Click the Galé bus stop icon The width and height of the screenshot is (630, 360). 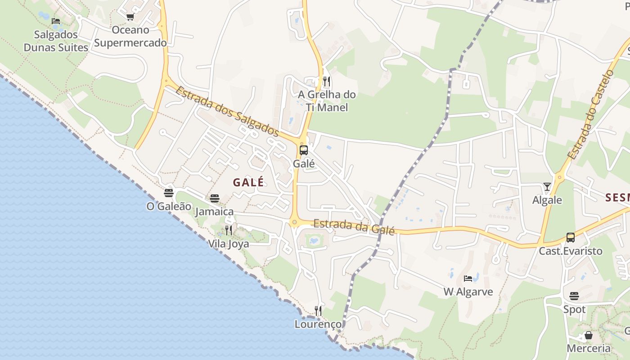304,150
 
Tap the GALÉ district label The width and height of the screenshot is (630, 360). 248,182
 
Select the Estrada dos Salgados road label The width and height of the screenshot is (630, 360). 227,111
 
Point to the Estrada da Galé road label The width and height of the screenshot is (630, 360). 354,226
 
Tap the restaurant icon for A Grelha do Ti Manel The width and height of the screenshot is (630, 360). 327,81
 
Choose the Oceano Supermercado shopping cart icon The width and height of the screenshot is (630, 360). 130,17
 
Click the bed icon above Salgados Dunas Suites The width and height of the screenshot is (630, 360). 56,21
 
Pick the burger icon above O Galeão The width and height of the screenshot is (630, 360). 169,193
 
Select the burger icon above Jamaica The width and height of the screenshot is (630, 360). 215,198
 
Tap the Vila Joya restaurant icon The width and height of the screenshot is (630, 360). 229,231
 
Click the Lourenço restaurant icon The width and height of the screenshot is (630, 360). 318,311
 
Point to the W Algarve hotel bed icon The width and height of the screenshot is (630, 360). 468,279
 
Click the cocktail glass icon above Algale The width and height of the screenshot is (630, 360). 547,186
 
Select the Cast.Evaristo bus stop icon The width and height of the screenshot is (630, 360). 571,238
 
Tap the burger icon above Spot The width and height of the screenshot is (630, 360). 574,296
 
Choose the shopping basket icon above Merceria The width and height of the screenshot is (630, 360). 588,336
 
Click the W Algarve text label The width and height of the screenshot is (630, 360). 468,292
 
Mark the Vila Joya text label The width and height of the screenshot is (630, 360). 228,244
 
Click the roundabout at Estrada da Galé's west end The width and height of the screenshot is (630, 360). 294,221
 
